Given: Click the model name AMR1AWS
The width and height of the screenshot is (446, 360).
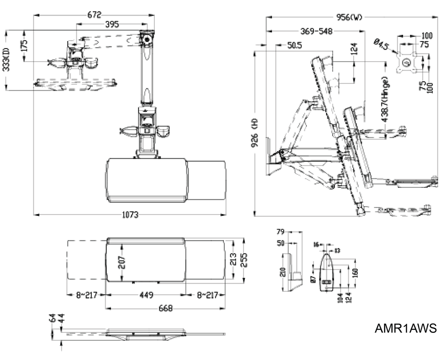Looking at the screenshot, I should [x=405, y=329].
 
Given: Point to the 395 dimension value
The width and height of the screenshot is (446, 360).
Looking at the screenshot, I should [x=111, y=25].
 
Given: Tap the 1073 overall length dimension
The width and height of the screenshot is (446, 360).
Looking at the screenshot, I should [x=130, y=215].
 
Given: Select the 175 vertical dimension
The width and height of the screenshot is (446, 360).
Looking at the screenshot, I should [x=24, y=45].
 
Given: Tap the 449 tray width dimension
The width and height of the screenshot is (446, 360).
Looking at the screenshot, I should [x=146, y=295].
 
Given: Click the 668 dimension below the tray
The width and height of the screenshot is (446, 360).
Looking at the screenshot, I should [x=165, y=308].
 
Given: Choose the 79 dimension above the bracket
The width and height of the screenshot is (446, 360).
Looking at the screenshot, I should [x=281, y=232].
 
